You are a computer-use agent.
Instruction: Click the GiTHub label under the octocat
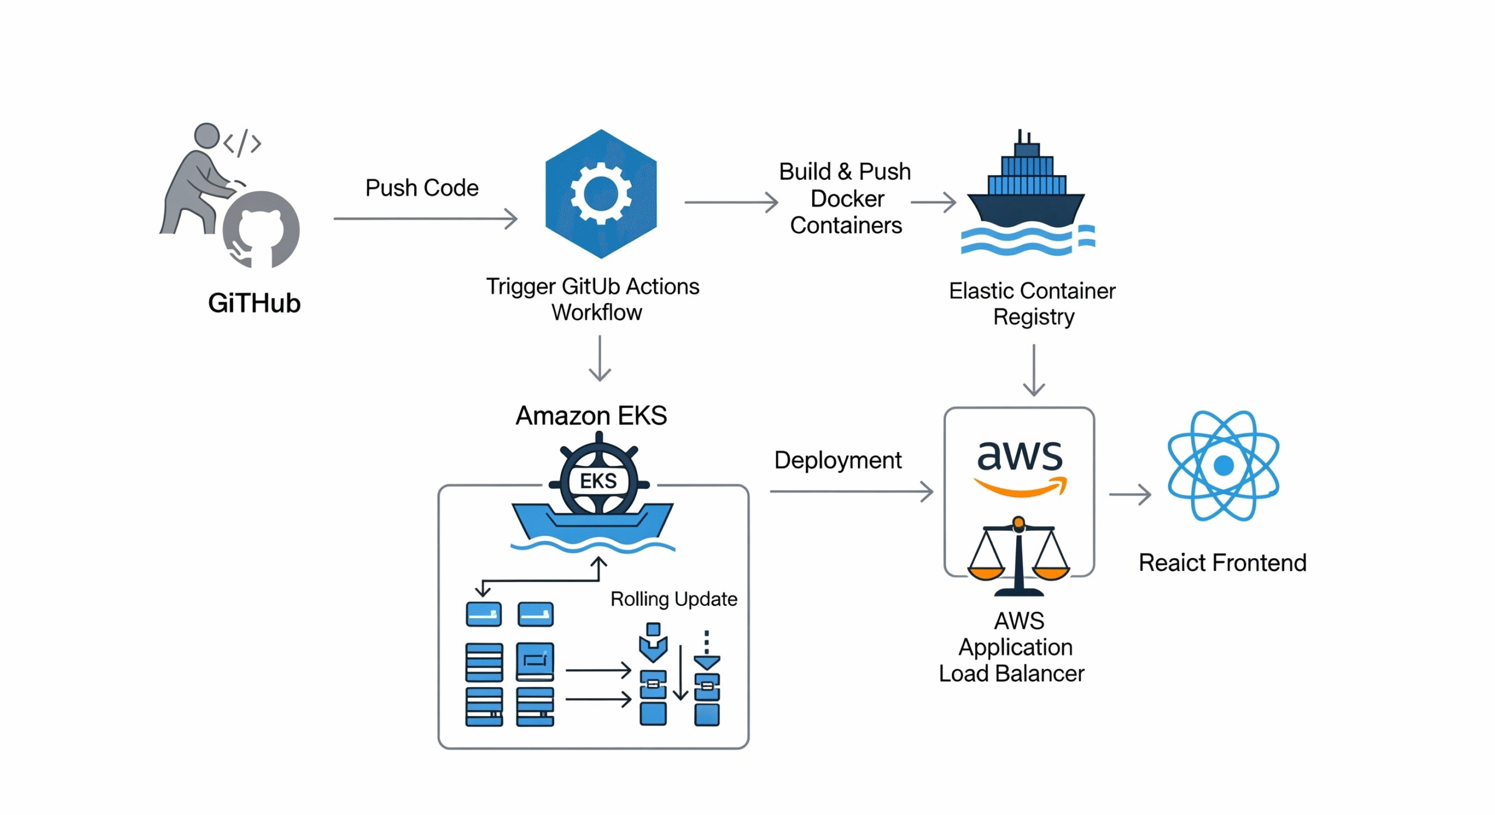click(x=254, y=303)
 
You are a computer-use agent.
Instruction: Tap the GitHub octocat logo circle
click(x=261, y=229)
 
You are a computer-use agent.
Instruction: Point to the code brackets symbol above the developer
click(x=242, y=143)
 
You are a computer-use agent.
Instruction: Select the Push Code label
click(x=422, y=188)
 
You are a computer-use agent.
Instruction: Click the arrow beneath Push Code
click(x=425, y=219)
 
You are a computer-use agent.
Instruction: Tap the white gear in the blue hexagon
click(x=601, y=194)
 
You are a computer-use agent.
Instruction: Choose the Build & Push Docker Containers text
click(x=845, y=198)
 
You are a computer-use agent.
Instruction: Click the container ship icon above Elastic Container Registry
click(x=1026, y=193)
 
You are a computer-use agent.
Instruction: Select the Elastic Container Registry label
click(x=1032, y=304)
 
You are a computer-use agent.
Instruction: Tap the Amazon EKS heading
click(x=591, y=416)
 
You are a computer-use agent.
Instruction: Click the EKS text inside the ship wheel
click(x=598, y=481)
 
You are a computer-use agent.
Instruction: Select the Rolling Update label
click(x=673, y=599)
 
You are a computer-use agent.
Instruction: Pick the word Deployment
click(x=837, y=460)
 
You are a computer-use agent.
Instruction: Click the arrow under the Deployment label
click(x=851, y=492)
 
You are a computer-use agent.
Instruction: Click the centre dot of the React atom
click(x=1223, y=466)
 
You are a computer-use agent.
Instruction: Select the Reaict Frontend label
click(x=1222, y=563)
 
